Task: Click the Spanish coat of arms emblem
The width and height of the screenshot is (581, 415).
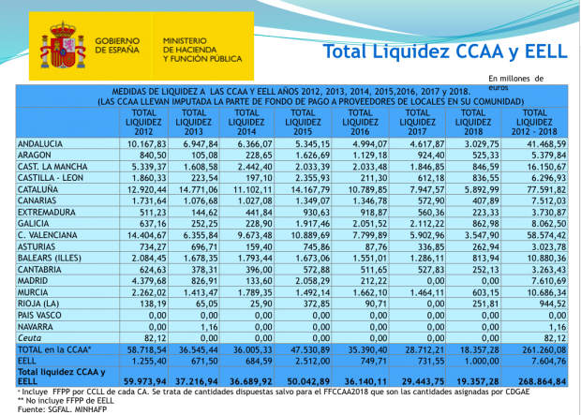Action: tap(63, 46)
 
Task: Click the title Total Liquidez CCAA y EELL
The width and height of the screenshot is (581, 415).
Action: tap(445, 52)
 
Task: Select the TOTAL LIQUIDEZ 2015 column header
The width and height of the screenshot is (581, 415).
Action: tap(303, 123)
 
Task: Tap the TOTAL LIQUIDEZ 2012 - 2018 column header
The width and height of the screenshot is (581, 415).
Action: tap(534, 123)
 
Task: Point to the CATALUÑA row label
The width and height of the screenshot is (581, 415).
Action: tap(37, 189)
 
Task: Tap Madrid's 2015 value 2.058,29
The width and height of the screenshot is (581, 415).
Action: tap(308, 281)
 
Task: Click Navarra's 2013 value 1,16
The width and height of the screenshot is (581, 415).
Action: tap(211, 327)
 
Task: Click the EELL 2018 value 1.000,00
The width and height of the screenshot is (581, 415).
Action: tap(480, 361)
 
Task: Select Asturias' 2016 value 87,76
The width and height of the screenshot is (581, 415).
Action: tap(377, 246)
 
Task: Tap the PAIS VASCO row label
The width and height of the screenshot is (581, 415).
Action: tap(39, 316)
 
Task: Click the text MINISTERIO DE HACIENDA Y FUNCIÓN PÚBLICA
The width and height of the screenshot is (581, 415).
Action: tap(202, 50)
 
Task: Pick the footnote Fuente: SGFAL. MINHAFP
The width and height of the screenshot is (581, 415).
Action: tap(62, 409)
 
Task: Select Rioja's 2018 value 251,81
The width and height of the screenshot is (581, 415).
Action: tap(486, 304)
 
